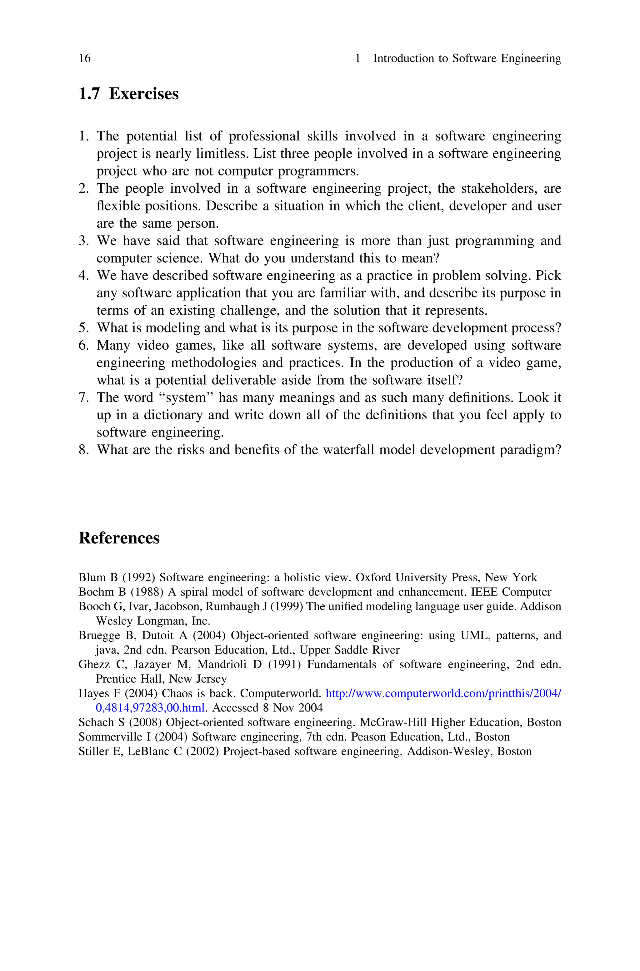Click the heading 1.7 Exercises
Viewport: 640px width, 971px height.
click(x=128, y=94)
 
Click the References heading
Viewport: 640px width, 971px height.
click(x=119, y=538)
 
